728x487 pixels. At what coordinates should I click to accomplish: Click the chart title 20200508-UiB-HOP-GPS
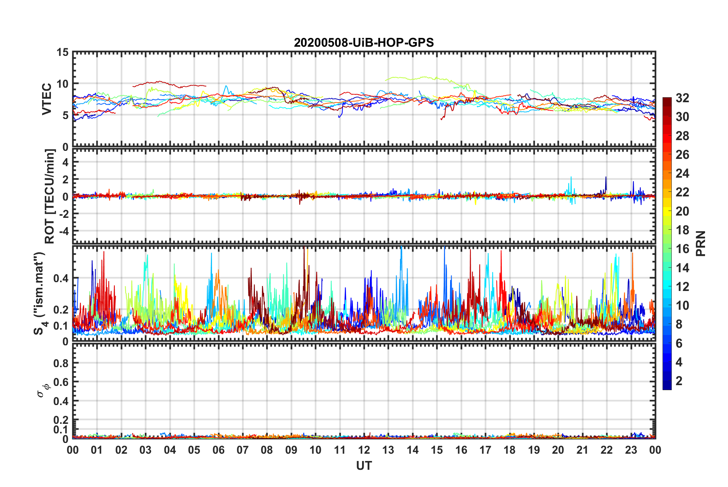[364, 42]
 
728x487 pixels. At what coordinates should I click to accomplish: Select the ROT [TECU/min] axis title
[50, 196]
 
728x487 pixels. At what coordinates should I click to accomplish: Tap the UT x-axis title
[364, 466]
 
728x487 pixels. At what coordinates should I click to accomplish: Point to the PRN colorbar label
[701, 243]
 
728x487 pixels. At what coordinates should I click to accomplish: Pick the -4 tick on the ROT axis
[64, 231]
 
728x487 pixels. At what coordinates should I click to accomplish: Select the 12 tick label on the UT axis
[364, 450]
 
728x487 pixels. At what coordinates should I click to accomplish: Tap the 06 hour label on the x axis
[218, 450]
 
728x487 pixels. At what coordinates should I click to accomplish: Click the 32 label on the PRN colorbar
[682, 98]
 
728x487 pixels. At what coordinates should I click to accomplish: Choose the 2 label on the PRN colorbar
[679, 381]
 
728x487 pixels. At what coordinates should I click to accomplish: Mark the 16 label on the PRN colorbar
[682, 249]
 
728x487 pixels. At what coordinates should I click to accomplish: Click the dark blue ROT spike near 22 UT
[606, 178]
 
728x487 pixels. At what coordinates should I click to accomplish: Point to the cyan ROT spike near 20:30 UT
[571, 178]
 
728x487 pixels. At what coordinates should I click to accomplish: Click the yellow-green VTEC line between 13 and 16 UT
[421, 78]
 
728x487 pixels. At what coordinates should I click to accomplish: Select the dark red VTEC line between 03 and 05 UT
[157, 82]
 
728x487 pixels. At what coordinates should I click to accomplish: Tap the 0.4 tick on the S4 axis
[61, 278]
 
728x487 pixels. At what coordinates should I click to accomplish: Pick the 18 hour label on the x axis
[509, 450]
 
